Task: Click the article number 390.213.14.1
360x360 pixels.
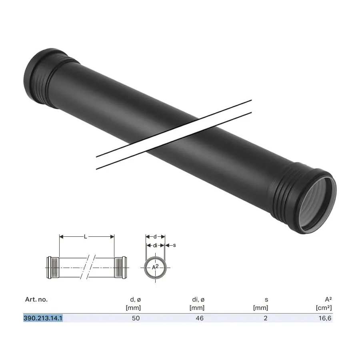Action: (43, 318)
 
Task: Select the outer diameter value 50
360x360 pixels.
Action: (136, 318)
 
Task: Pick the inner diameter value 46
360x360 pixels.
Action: (200, 318)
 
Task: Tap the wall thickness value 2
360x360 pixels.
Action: (266, 318)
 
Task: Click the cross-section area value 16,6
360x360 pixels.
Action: (325, 318)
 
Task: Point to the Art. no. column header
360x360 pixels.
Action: (36, 299)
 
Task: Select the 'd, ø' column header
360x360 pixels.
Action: (136, 300)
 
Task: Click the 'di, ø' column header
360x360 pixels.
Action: (198, 300)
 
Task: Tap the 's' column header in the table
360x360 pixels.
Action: (266, 300)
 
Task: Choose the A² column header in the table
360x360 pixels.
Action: (328, 299)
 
